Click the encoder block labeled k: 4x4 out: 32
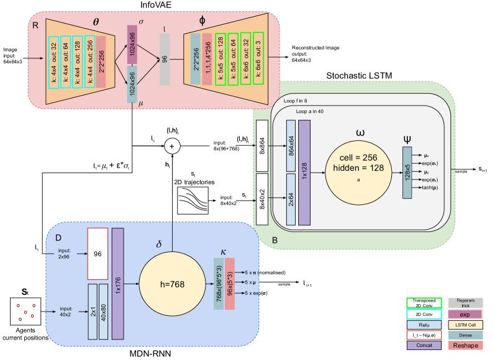click(54, 61)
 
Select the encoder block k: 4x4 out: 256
click(89, 61)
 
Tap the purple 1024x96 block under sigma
click(132, 44)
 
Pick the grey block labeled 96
click(165, 59)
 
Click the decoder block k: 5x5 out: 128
click(220, 58)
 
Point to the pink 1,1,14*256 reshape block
click(207, 58)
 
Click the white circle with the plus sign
click(172, 146)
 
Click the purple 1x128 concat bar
click(304, 172)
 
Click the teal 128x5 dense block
click(407, 172)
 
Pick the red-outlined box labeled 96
click(98, 253)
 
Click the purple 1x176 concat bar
click(117, 284)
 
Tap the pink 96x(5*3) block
click(230, 284)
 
